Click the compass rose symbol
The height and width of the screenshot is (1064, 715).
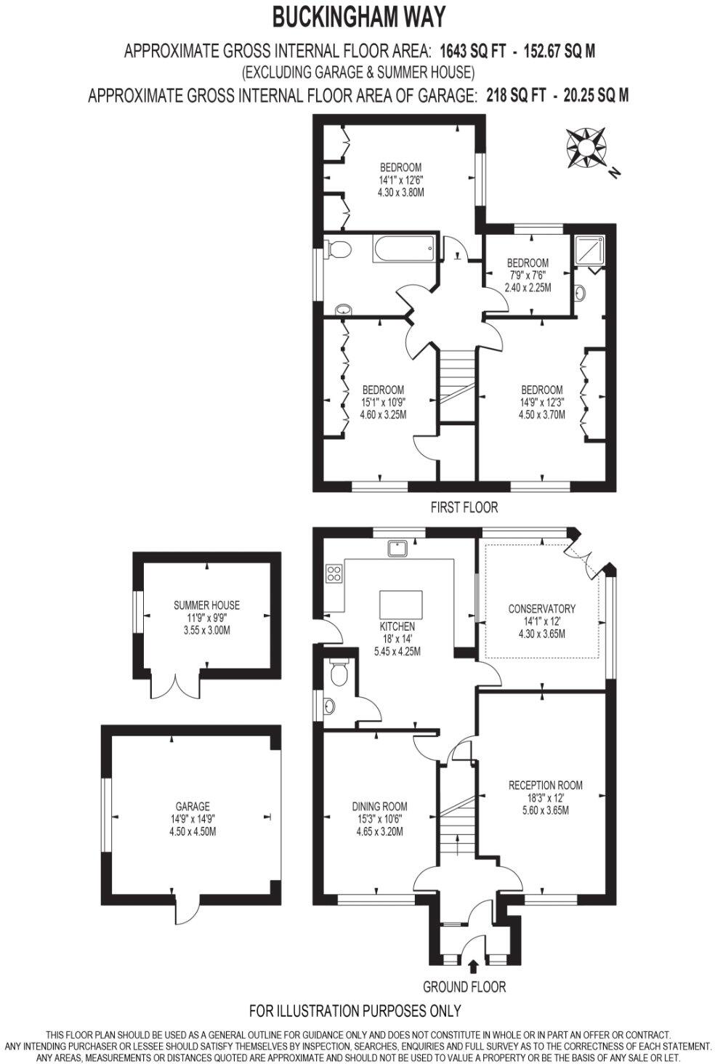tap(586, 148)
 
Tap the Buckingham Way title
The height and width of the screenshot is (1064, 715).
tap(358, 15)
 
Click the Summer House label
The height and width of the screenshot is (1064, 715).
tap(206, 605)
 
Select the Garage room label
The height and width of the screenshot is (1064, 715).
tap(193, 806)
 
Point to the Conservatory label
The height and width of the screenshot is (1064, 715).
tap(541, 608)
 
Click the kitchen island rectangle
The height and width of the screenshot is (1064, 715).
tap(400, 603)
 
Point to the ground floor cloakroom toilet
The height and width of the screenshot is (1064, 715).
tap(339, 672)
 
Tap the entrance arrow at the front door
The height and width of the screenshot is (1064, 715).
tap(473, 966)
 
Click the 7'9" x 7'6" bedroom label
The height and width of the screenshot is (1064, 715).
tap(528, 275)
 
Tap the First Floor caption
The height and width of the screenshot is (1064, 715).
tap(464, 507)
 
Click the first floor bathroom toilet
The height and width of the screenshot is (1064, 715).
tap(339, 249)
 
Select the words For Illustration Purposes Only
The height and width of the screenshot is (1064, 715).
tap(355, 1010)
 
